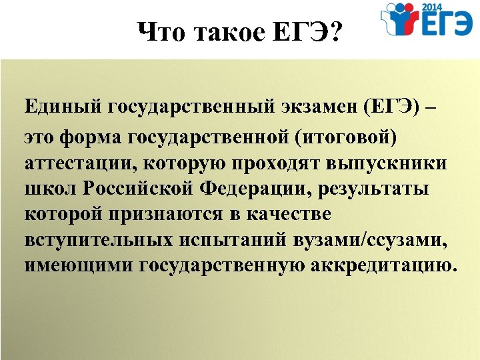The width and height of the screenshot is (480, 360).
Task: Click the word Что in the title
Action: [x=161, y=31]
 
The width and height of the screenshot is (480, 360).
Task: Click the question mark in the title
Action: [x=332, y=31]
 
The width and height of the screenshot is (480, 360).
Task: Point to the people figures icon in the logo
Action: [x=401, y=21]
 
